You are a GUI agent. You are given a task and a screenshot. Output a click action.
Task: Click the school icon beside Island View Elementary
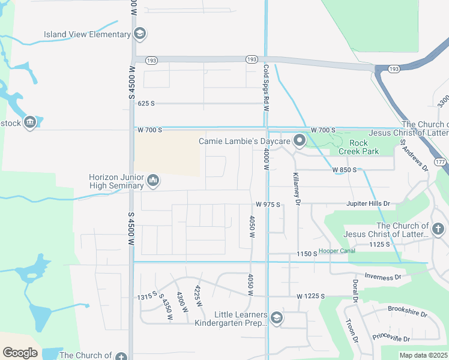point(140,34)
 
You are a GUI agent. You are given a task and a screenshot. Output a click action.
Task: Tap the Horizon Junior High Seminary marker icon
point(153,181)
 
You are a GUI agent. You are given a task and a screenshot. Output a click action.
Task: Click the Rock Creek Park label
point(358,147)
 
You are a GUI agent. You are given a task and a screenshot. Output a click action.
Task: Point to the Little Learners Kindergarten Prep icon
point(277,318)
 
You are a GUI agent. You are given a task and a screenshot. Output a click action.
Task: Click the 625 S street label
point(146,103)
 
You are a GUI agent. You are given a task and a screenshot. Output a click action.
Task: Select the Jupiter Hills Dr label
point(368,204)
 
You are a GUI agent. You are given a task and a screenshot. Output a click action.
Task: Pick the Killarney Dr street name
point(296,187)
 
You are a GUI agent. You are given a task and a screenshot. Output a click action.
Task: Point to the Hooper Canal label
point(337,250)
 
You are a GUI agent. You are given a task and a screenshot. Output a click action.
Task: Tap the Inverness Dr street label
point(382,277)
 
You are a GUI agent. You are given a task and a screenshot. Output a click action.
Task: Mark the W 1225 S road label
point(310,296)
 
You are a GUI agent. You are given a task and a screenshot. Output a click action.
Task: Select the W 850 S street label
point(345,170)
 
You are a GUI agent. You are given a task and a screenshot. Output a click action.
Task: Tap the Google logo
point(20,353)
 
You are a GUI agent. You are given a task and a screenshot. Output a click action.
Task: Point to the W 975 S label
point(268,205)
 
